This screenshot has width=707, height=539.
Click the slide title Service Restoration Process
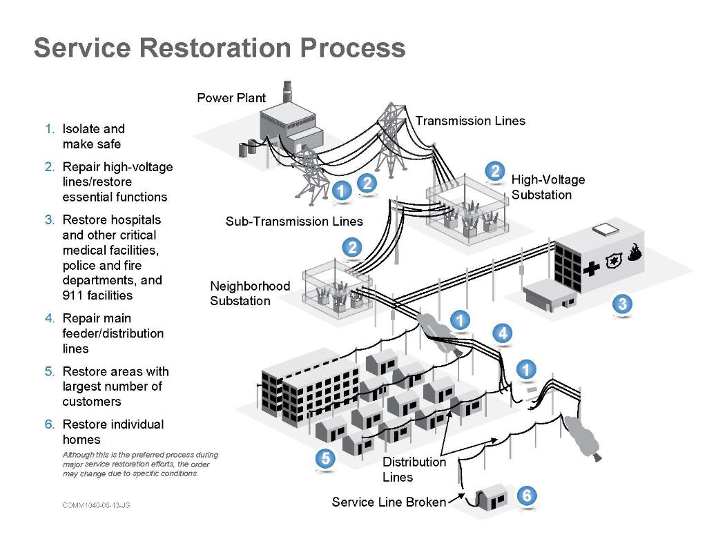(219, 48)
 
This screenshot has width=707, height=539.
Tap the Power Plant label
(231, 98)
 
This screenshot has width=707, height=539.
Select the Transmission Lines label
(470, 121)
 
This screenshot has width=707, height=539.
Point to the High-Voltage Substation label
(548, 187)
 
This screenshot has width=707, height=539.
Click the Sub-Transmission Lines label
(294, 222)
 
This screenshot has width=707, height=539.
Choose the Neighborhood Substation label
(250, 293)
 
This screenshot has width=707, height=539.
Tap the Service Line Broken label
(389, 502)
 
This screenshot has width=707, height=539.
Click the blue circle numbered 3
(622, 304)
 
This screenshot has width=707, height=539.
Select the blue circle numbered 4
(503, 333)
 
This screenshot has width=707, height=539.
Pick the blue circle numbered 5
(325, 458)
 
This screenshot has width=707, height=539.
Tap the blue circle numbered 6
(527, 496)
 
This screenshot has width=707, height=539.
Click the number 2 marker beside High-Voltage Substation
(494, 171)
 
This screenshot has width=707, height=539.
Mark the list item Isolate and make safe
(93, 137)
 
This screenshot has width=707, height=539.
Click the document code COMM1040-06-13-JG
(96, 506)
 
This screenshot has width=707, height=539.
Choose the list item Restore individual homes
(113, 432)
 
